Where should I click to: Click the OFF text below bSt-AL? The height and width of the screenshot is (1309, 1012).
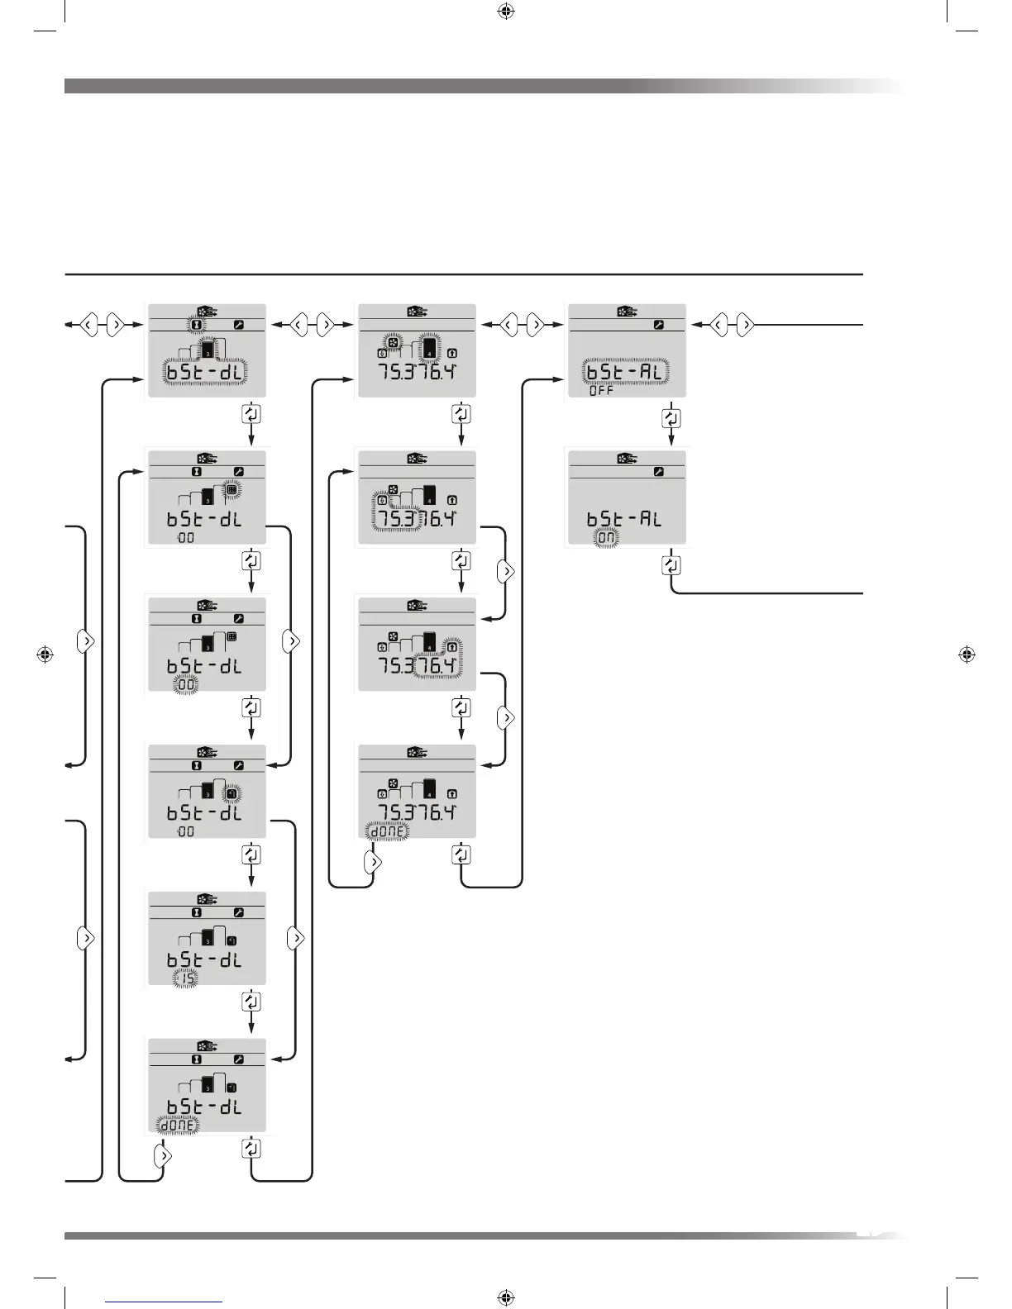tap(601, 391)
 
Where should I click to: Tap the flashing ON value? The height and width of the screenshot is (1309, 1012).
tap(607, 538)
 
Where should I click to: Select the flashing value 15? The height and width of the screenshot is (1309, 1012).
tap(187, 979)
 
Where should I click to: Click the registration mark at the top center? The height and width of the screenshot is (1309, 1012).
tap(506, 12)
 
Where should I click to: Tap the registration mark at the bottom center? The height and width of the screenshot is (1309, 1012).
tap(506, 1297)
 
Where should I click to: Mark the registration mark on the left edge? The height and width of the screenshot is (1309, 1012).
tap(46, 654)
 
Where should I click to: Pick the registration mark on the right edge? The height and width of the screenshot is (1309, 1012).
tap(966, 654)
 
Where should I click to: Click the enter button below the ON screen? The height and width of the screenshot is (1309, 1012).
tap(671, 565)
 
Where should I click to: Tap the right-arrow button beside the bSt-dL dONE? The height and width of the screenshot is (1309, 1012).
tap(163, 1155)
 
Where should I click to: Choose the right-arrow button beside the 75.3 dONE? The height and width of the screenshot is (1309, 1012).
tap(373, 862)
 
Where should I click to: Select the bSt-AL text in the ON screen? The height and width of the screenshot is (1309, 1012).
tap(624, 519)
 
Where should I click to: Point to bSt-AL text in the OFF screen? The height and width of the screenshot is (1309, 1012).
tap(624, 372)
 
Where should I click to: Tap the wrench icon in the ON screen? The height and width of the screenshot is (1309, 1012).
tap(658, 472)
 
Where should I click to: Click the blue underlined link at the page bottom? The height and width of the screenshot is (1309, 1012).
tap(164, 1302)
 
